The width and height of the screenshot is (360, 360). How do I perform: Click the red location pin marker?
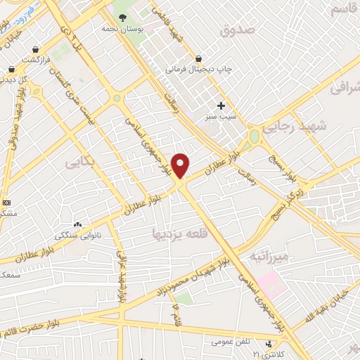point(181,165)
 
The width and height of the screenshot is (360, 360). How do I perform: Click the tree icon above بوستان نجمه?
point(122,17)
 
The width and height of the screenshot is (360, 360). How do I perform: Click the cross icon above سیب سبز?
point(221,105)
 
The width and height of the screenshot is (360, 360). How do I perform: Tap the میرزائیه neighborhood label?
point(267,257)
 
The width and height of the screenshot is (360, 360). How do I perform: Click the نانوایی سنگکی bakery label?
point(77,234)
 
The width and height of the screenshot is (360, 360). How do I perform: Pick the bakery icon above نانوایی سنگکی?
point(77,224)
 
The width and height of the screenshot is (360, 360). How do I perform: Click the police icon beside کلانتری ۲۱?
point(266,344)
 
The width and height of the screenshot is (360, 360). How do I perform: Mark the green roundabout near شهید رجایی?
point(254,136)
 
